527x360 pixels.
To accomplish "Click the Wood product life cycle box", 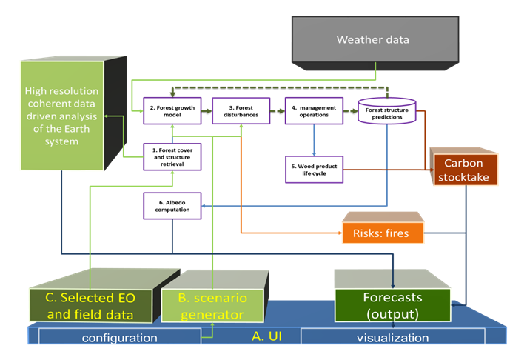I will click(x=314, y=168).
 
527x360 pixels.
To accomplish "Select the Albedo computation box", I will click(x=172, y=205).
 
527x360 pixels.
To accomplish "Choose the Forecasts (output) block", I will click(x=392, y=304).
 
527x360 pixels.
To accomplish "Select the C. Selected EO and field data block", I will click(x=90, y=306).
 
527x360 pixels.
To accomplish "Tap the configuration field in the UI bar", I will click(x=120, y=338).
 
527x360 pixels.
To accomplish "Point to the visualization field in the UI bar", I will click(x=392, y=338).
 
